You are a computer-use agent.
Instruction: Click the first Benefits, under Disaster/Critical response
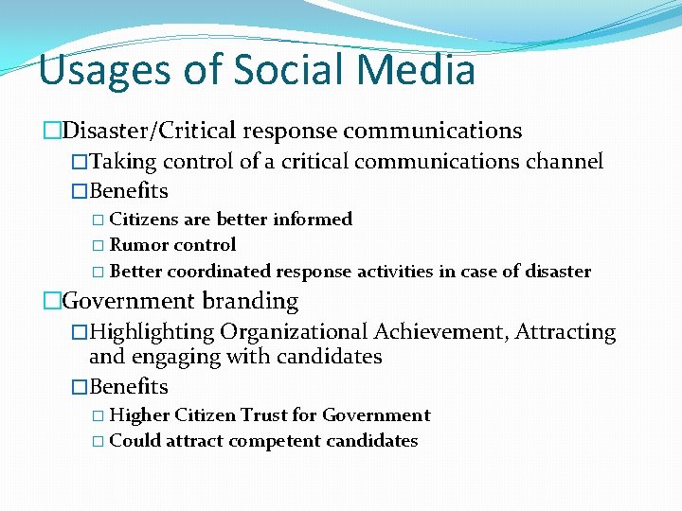coord(128,191)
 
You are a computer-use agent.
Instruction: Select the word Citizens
coord(145,220)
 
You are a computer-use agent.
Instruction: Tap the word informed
coord(313,220)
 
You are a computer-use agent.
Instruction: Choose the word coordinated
coord(219,273)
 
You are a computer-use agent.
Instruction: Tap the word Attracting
coord(565,332)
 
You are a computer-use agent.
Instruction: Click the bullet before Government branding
coord(51,302)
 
